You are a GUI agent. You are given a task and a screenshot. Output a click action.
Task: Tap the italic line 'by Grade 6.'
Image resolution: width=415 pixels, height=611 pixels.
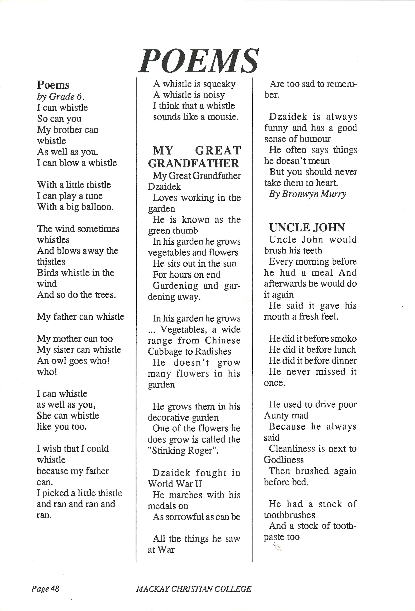point(60,97)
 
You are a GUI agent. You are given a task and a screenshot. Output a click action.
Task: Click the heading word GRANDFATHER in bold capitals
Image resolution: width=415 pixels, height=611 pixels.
point(194,163)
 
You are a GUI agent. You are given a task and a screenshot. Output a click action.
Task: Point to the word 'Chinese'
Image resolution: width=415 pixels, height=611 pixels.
point(223,340)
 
